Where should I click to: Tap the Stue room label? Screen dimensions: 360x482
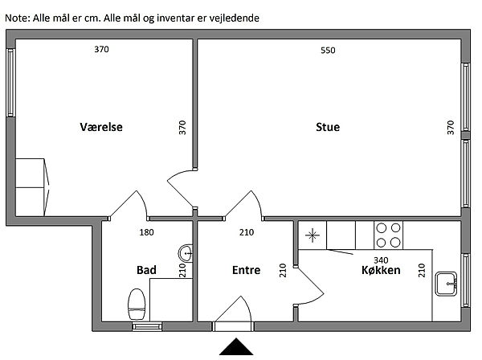coord(328,127)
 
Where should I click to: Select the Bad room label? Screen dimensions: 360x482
coord(146,270)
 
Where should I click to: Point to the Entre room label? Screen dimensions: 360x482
coord(246,271)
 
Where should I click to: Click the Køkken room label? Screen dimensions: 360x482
coord(381,271)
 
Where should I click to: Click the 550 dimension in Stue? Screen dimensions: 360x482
coord(328,51)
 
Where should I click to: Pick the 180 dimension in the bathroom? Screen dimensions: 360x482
coord(147,233)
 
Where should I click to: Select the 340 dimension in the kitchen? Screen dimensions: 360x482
coord(382,260)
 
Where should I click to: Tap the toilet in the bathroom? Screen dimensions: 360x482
coord(137,305)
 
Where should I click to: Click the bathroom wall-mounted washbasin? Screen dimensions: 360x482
coord(186,253)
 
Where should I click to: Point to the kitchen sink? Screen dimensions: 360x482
coord(446,283)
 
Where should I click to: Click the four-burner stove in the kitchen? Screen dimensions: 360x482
coord(389,234)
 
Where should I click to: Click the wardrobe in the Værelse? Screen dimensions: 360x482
coord(32,184)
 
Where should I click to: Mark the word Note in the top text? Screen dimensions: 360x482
coord(15,17)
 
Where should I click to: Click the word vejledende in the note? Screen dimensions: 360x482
coord(233,17)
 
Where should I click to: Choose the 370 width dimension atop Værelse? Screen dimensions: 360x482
coord(101,50)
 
